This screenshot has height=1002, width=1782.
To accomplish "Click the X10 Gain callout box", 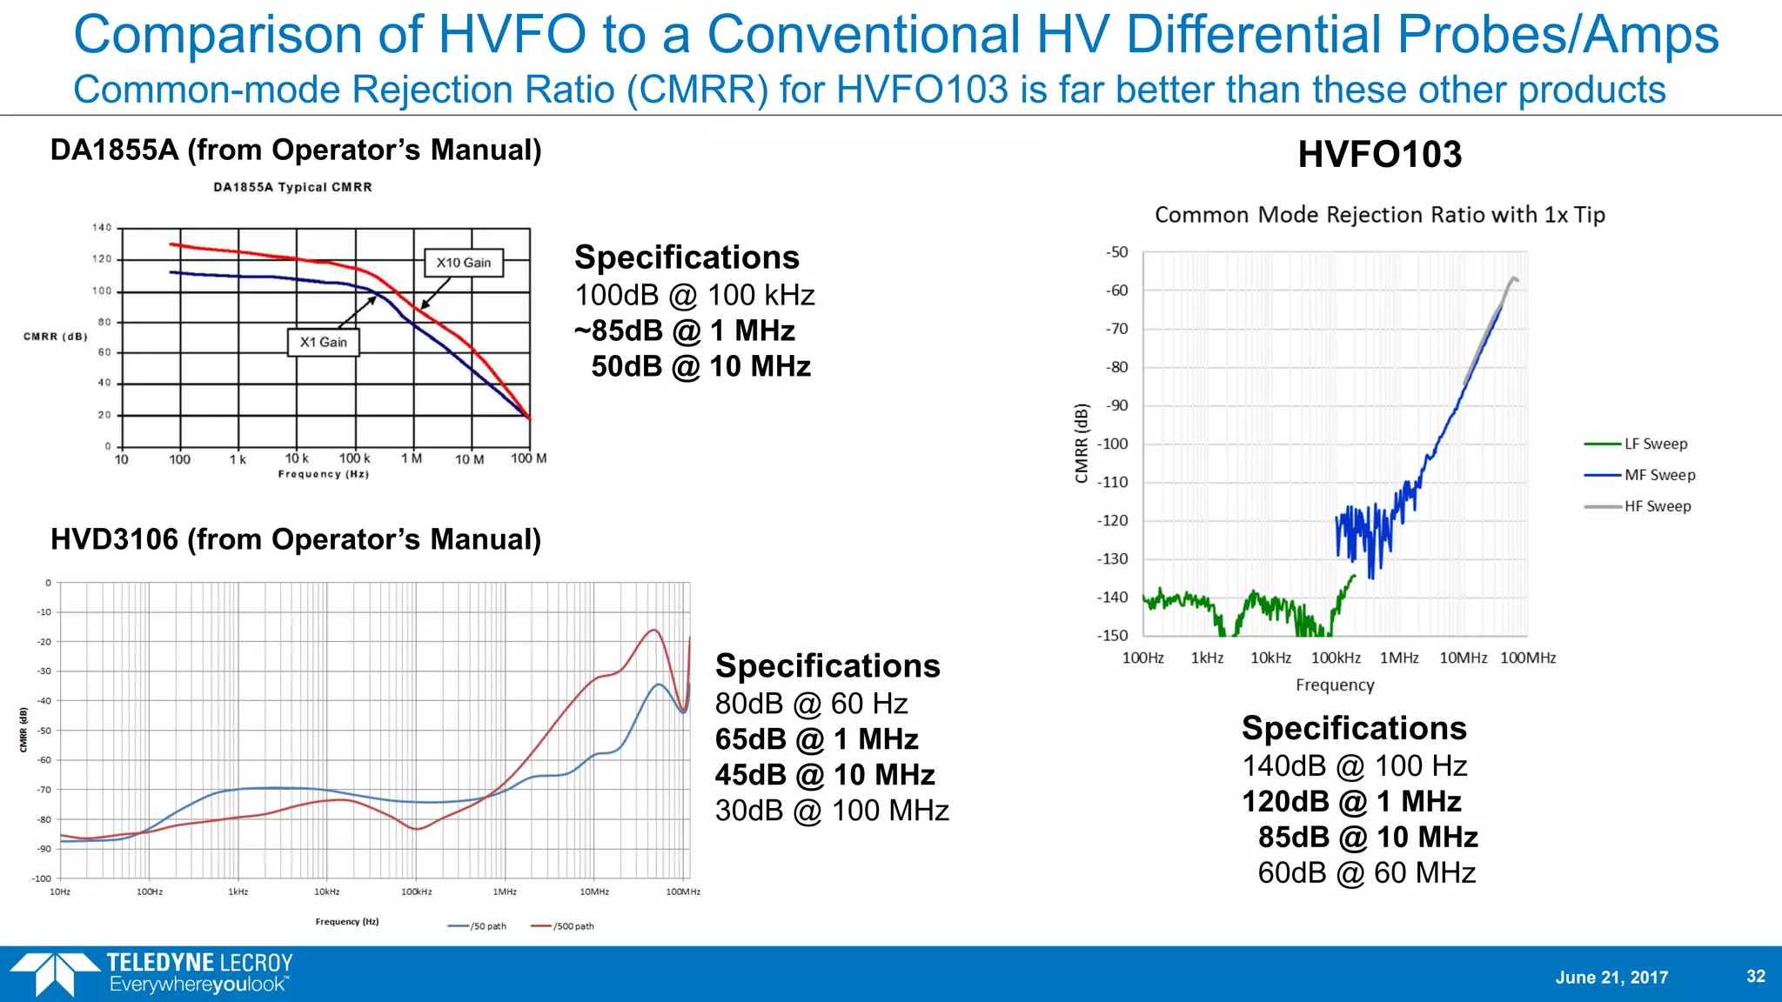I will pos(464,263).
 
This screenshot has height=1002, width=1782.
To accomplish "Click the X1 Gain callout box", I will pos(323,342).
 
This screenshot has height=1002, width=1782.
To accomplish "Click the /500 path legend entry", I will pos(563,926).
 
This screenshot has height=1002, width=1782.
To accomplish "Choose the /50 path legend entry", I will pos(478,926).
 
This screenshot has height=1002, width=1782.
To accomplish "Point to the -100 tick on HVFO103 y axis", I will pos(1113,444).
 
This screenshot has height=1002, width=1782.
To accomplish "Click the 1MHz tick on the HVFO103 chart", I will pos(1399,658).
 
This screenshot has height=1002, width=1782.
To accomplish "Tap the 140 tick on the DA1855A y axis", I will pos(102,228).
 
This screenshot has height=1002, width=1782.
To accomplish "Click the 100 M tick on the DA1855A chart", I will pos(528,458).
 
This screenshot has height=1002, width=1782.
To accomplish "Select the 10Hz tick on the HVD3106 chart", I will pos(60,892).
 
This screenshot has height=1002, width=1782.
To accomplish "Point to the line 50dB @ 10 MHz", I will pos(700,366).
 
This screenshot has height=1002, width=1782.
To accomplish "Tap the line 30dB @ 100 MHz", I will pos(831,811).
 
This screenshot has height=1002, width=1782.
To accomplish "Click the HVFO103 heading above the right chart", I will pos(1379,155).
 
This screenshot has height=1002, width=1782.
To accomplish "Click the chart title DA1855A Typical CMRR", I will pos(292,187).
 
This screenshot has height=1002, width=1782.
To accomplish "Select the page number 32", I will pos(1756,976).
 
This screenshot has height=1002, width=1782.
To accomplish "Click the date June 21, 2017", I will pos(1611,978).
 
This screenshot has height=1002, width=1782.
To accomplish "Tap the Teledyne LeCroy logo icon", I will pos(54,973).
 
